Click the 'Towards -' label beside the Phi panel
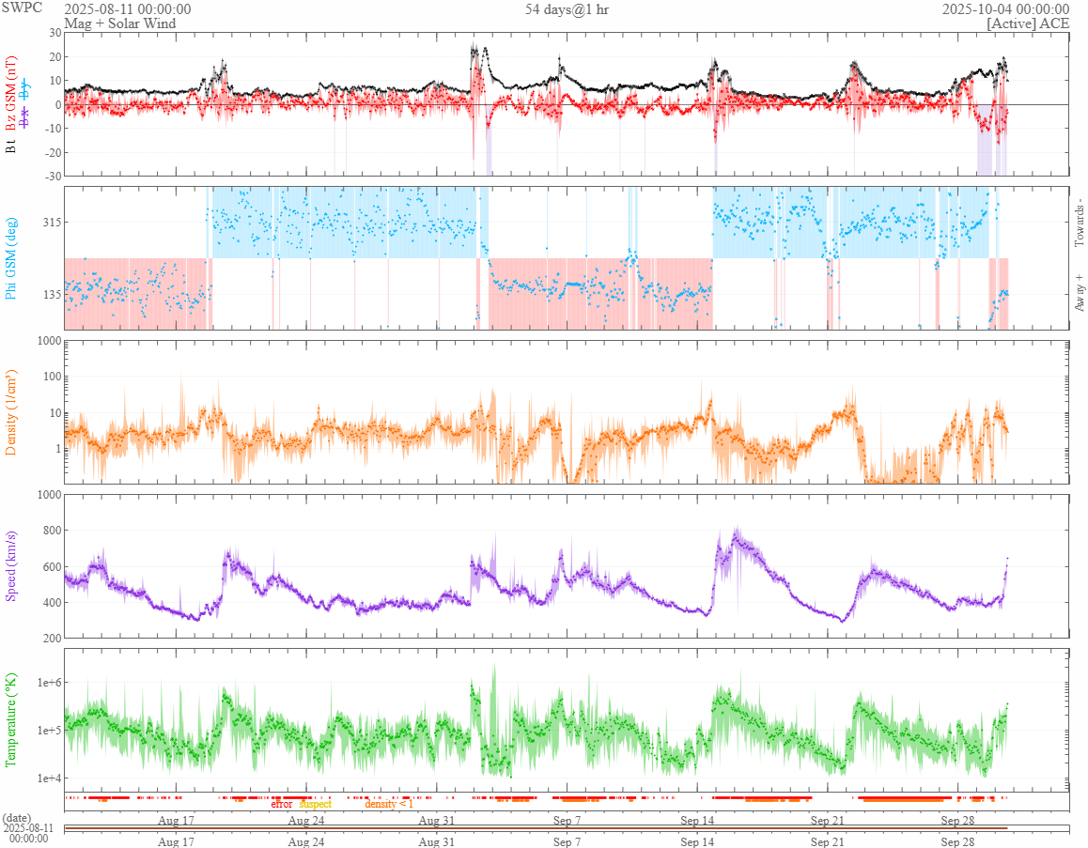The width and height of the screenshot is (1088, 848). point(1079,224)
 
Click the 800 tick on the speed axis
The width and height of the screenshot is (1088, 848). point(49,531)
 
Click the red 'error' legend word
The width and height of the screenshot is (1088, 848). point(282,804)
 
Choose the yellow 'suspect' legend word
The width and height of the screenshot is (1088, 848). point(315,804)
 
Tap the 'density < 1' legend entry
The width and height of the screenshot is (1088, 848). point(389,804)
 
